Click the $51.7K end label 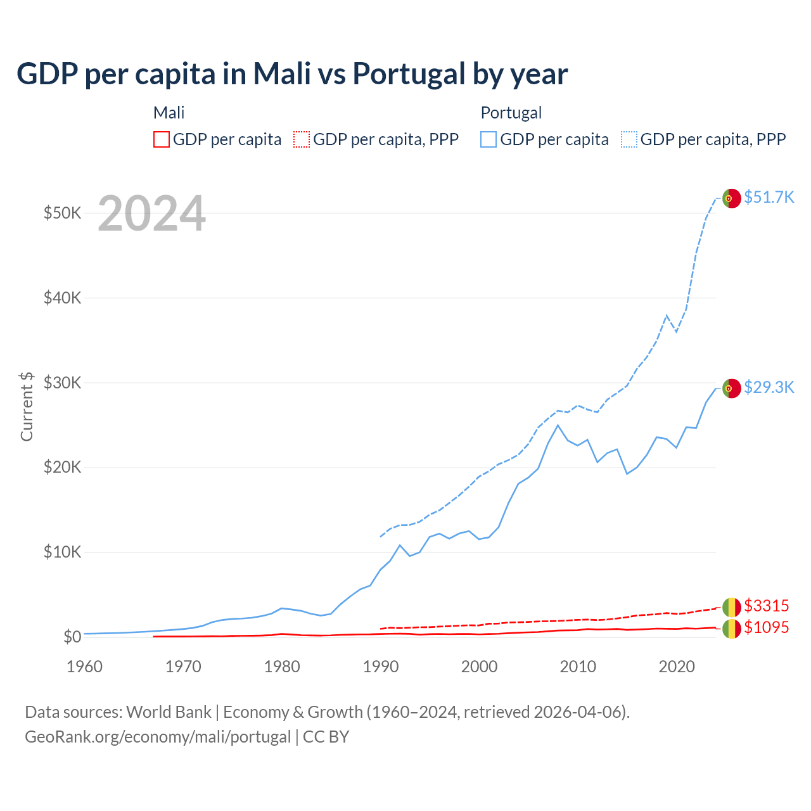coord(769,197)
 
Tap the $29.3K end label coord(769,387)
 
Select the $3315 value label coord(766,606)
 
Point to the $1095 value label coord(766,627)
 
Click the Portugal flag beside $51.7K coord(731,198)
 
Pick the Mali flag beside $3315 coord(731,607)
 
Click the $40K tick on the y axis coord(62,298)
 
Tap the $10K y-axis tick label coord(62,552)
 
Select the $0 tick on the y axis coord(72,637)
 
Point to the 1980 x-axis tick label coord(282,667)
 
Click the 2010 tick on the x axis coord(578,667)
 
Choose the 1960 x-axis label coord(84,667)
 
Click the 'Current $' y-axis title coord(27,406)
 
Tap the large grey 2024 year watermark coord(151,214)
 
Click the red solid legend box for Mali coord(162,139)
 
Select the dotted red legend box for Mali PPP coord(302,139)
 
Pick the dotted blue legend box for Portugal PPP coord(629,139)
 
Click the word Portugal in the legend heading coord(511,113)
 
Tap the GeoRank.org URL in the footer coord(158,737)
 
